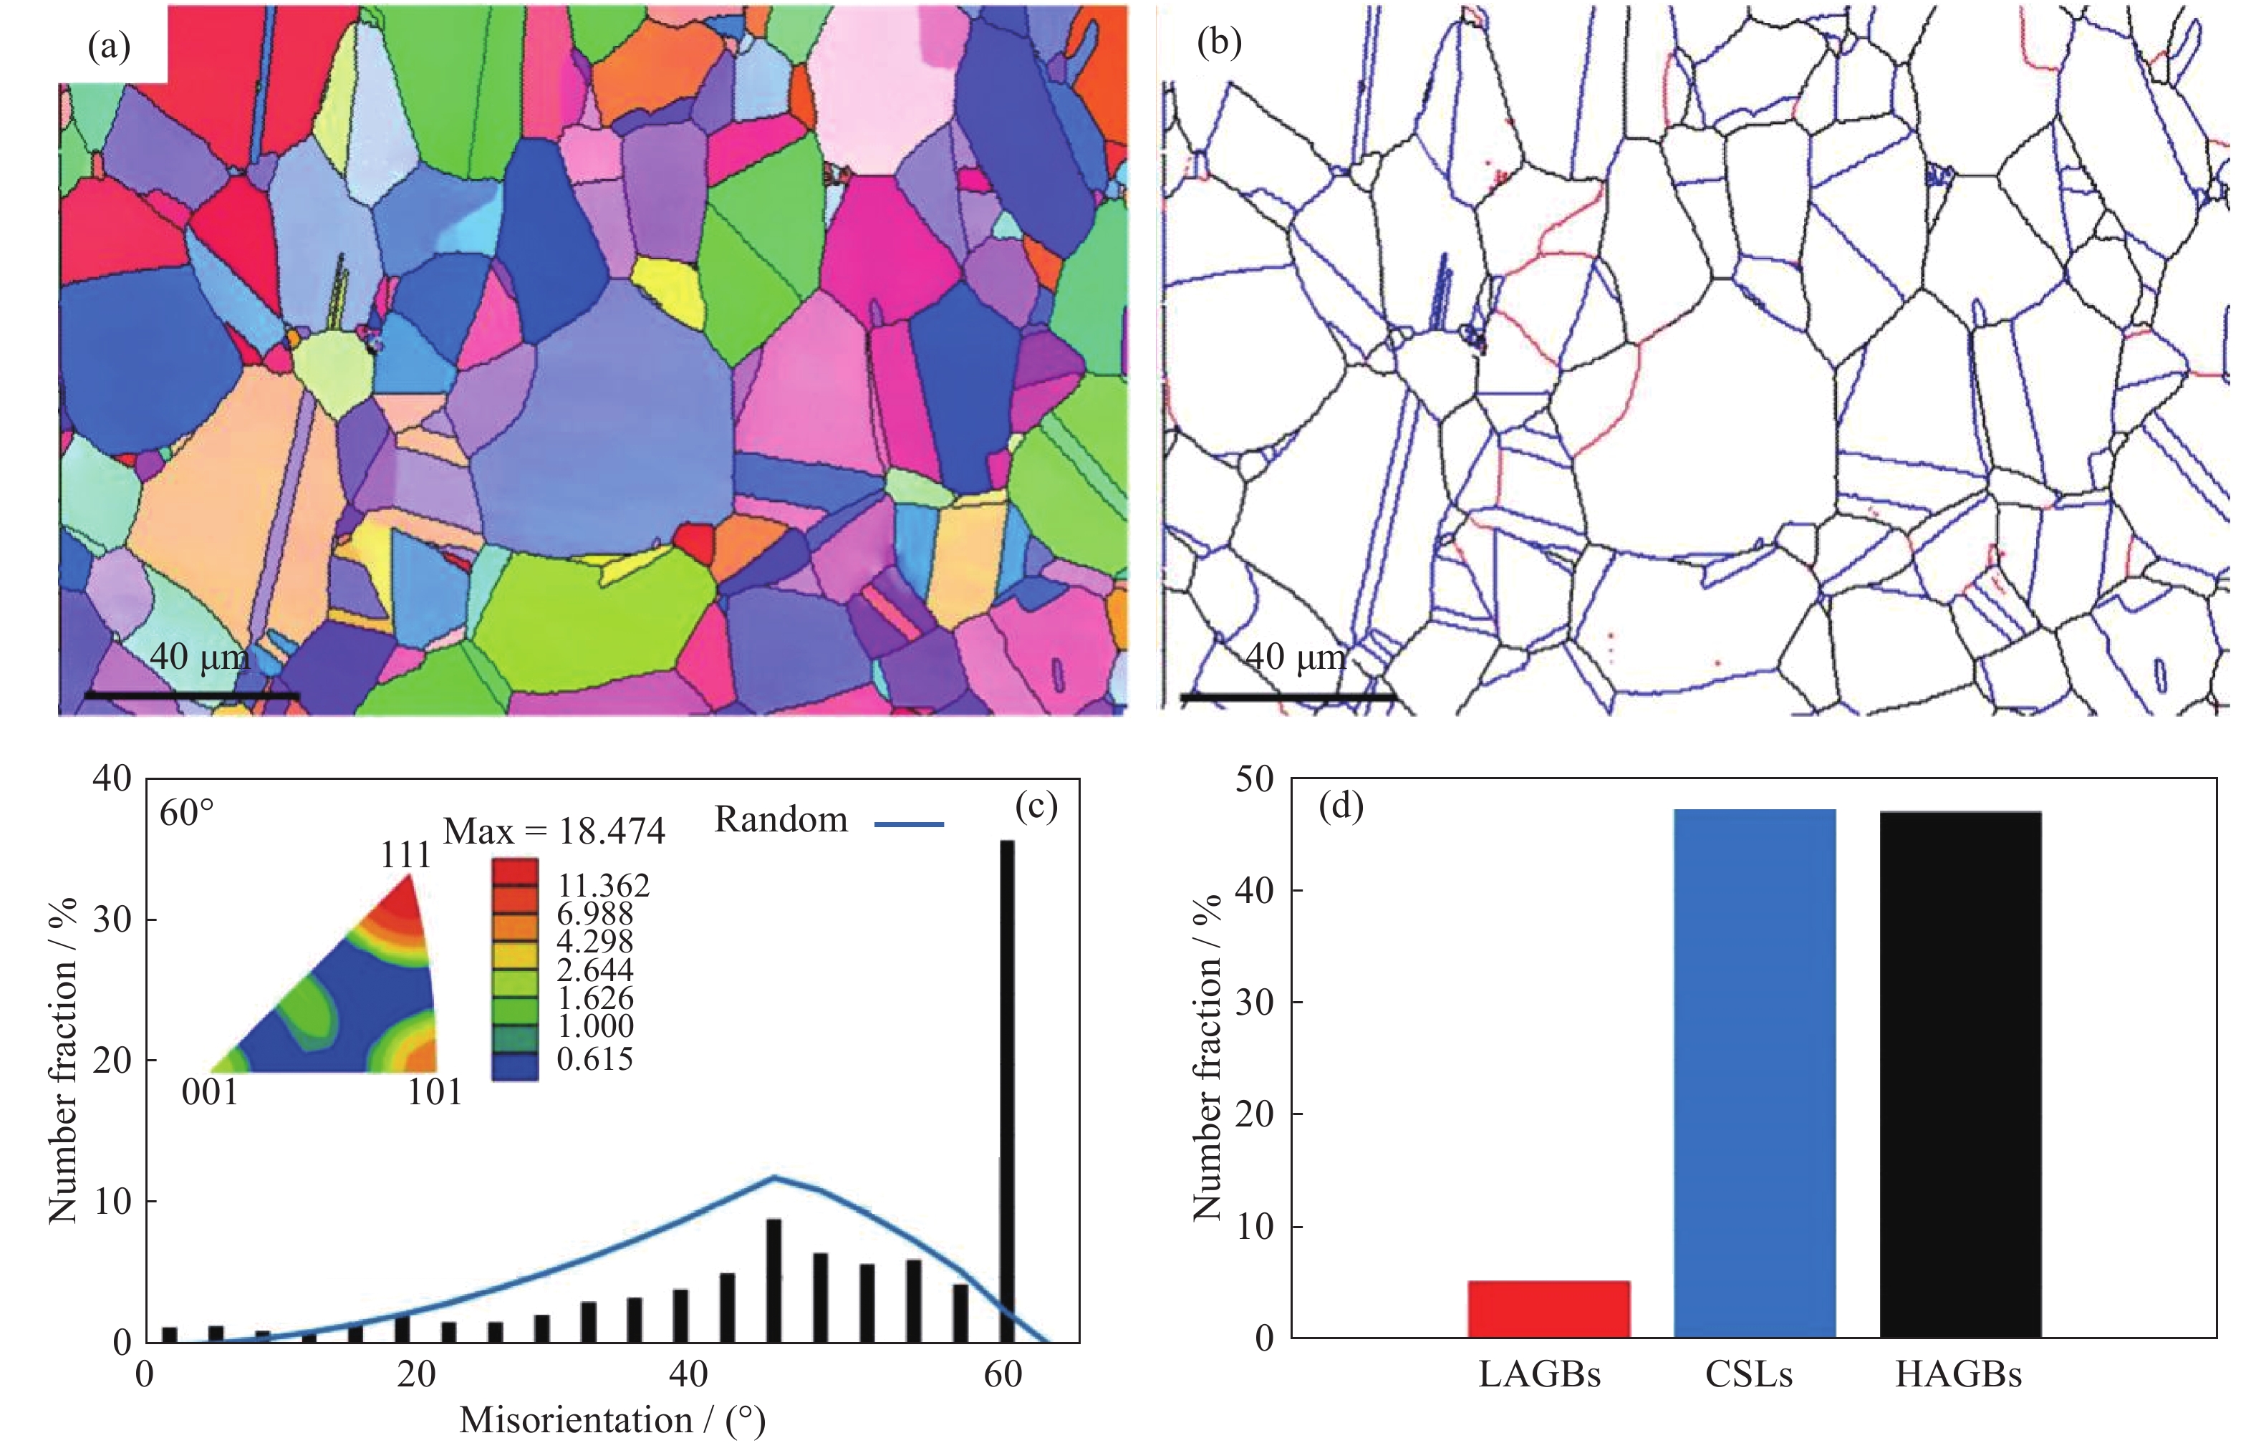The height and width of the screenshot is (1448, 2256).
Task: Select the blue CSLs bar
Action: (1754, 1072)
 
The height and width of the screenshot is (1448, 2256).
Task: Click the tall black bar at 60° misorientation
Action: (1006, 1091)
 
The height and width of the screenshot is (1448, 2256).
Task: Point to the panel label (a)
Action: (109, 45)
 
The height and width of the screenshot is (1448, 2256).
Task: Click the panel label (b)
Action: (1219, 42)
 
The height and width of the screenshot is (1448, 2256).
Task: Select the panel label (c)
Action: (1036, 806)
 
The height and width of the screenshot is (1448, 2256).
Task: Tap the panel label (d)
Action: (1340, 806)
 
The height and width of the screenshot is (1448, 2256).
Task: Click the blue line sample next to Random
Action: (908, 824)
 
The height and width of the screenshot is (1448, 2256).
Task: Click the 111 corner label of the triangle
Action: (405, 855)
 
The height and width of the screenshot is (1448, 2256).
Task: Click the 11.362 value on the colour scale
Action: (603, 886)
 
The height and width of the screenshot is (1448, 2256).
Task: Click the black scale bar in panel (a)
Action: (192, 696)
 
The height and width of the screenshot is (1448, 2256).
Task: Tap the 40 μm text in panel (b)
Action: (1295, 656)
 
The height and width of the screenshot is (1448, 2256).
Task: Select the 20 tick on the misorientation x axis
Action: (415, 1375)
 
